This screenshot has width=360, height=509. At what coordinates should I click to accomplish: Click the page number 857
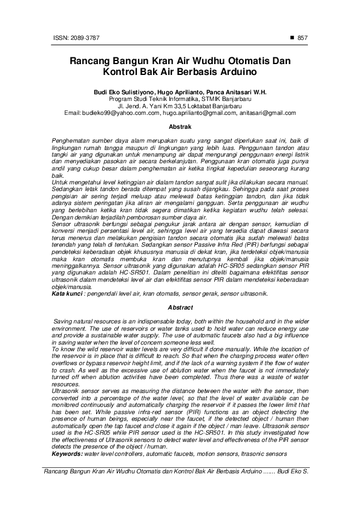(x=304, y=37)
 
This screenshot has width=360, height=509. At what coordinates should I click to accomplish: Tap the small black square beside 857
(x=293, y=37)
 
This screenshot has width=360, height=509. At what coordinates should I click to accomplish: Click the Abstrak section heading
(x=180, y=127)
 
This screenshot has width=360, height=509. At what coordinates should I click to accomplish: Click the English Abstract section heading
(x=180, y=307)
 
